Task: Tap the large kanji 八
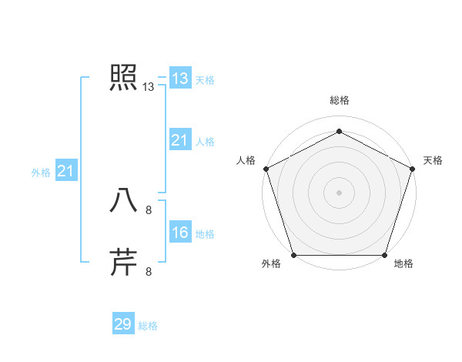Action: (123, 200)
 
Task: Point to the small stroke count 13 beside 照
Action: (149, 87)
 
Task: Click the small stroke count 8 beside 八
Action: (149, 209)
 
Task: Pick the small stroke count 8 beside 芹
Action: (149, 271)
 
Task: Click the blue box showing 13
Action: (179, 79)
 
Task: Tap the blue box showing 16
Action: (179, 233)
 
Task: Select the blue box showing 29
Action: (122, 324)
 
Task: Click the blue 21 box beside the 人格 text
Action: (179, 140)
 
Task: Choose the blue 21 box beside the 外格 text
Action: (65, 171)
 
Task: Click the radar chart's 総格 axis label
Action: (339, 100)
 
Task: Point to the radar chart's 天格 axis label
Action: (433, 160)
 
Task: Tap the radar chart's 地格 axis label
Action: (403, 264)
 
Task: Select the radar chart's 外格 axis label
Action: (271, 264)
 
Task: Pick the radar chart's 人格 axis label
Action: (246, 160)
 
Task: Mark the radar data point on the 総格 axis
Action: (339, 130)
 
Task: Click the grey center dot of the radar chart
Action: (339, 192)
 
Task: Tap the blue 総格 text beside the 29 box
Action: (148, 326)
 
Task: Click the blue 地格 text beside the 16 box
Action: (205, 234)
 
